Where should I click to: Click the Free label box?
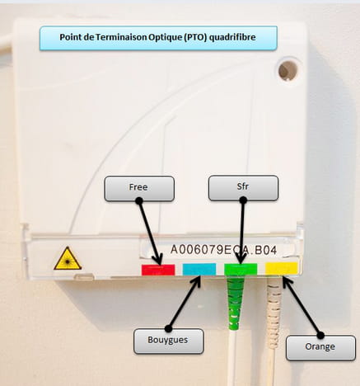pyautogui.click(x=139, y=189)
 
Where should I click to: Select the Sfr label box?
pyautogui.click(x=243, y=188)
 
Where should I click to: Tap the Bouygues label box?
pyautogui.click(x=169, y=341)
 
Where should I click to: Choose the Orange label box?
pyautogui.click(x=320, y=348)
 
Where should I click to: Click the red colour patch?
pyautogui.click(x=158, y=270)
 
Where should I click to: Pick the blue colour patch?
pyautogui.click(x=199, y=269)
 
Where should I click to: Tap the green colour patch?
pyautogui.click(x=241, y=269)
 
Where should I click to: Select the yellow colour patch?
pyautogui.click(x=282, y=268)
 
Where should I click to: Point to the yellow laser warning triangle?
pyautogui.click(x=68, y=259)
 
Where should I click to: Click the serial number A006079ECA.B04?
pyautogui.click(x=223, y=250)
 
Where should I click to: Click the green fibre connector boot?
pyautogui.click(x=236, y=303)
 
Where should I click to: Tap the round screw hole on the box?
pyautogui.click(x=288, y=70)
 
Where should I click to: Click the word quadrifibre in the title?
pyautogui.click(x=232, y=37)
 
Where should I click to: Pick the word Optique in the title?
pyautogui.click(x=166, y=37)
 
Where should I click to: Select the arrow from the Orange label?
pyautogui.click(x=302, y=306)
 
